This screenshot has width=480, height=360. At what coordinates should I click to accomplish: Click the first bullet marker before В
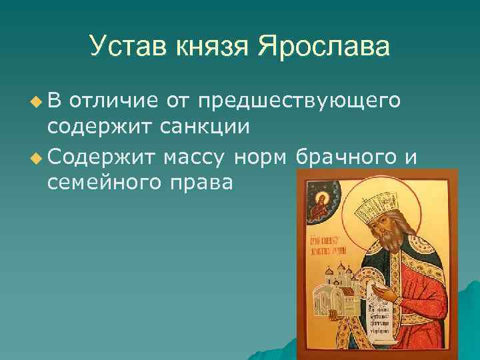click(35, 102)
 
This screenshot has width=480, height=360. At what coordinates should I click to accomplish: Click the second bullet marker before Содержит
click(35, 158)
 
